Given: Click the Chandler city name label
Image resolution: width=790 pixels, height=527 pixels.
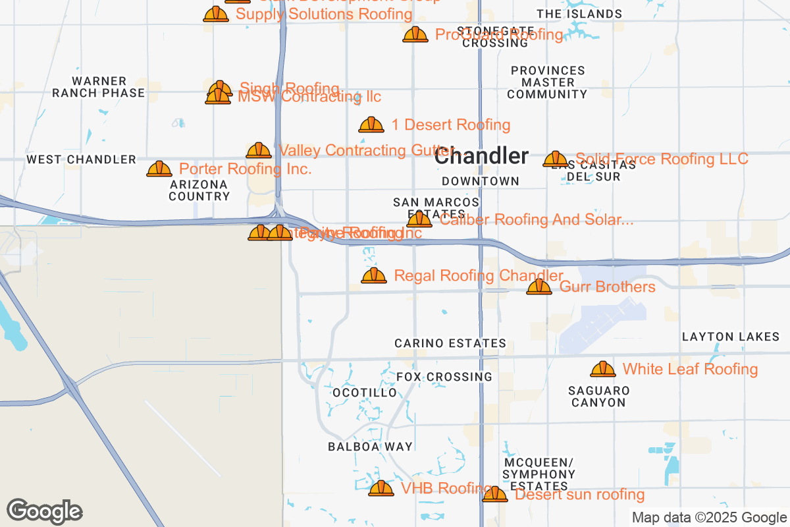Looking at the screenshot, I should (481, 156).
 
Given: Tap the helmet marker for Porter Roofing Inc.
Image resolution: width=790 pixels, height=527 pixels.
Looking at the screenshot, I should (159, 169).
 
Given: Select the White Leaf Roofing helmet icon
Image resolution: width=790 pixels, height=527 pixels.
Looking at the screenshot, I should (603, 370).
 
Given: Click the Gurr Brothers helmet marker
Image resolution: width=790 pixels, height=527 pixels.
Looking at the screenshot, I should (539, 287).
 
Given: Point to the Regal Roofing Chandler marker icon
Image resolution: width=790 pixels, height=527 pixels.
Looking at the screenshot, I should (374, 275).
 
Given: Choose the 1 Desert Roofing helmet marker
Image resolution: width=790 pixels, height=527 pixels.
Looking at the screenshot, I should (371, 125).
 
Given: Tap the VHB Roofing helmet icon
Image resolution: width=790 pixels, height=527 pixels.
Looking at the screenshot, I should (381, 488).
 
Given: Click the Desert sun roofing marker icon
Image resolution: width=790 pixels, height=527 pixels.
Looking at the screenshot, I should (495, 494).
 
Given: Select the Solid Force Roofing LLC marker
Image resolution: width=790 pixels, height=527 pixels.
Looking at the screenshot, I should (556, 159).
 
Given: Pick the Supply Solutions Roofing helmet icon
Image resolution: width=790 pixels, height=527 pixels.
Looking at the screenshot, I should (216, 14).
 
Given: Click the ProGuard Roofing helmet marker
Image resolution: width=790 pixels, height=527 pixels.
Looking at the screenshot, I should (415, 34).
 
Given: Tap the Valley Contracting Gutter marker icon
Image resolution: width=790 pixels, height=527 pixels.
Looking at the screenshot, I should (259, 150).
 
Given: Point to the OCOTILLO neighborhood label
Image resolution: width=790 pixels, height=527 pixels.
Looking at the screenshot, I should (365, 393).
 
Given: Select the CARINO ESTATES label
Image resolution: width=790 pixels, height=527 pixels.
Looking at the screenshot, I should (450, 343).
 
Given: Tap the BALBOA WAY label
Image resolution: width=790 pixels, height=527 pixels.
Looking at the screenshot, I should (371, 447).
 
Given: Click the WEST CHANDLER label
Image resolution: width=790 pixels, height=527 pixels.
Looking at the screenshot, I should (81, 159).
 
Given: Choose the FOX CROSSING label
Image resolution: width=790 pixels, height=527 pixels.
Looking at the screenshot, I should (444, 377).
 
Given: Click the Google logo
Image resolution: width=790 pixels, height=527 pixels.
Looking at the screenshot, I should (45, 511).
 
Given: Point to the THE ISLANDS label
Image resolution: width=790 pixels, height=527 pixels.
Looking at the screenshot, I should (579, 14).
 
